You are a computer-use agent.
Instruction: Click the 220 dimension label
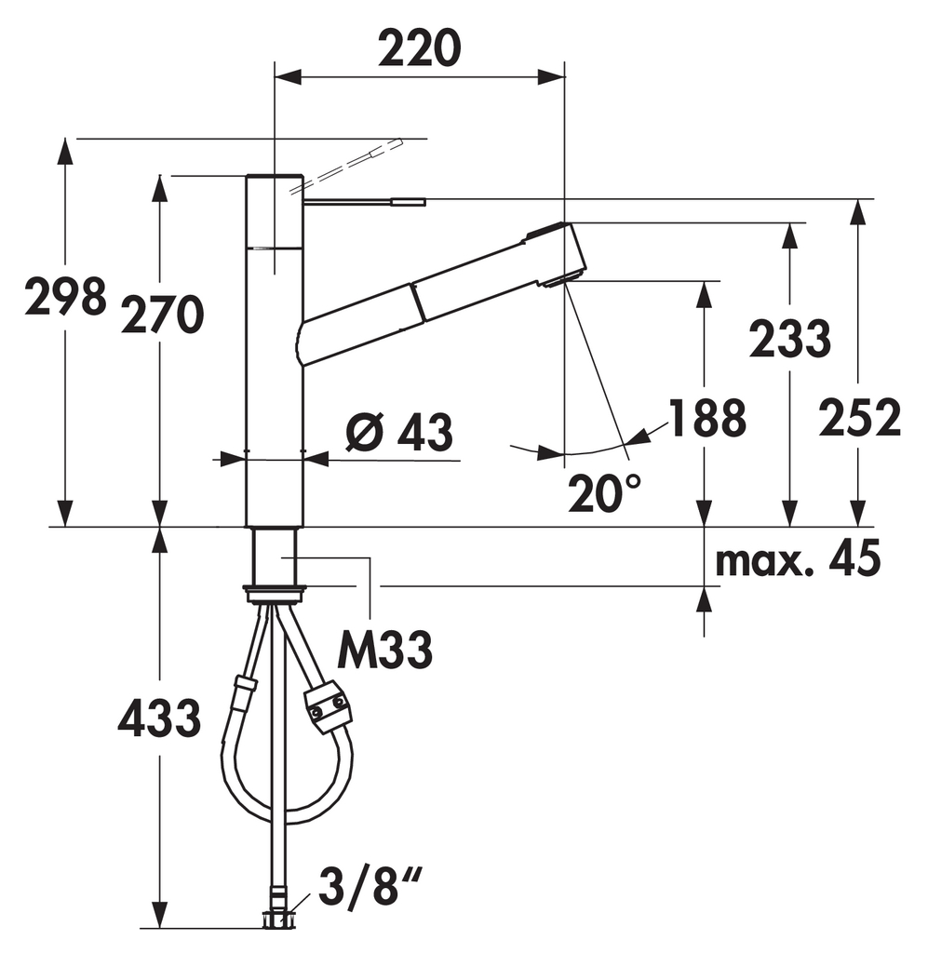pos(420,48)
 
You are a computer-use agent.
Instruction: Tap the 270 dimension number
pos(162,315)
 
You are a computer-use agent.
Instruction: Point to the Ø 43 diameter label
pos(399,432)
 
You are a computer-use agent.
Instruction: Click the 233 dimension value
pos(789,338)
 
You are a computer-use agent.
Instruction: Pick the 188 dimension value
pos(706,418)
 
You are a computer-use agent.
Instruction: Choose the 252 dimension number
pos(859,418)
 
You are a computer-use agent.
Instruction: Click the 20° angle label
pos(604,492)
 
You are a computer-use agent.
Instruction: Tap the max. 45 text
pos(798,559)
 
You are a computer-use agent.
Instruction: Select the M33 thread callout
pos(385,649)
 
